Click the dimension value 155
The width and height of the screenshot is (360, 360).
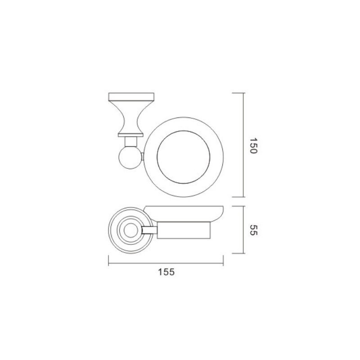click(166, 272)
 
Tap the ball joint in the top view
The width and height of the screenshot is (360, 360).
click(130, 158)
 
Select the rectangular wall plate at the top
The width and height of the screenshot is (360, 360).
click(131, 97)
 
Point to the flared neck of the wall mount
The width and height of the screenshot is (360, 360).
click(131, 117)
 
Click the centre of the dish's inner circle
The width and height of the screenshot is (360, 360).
click(183, 157)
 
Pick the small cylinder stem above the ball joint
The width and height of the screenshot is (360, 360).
click(130, 142)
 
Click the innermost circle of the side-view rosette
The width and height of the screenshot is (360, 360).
click(130, 230)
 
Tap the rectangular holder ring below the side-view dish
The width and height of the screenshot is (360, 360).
click(184, 230)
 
